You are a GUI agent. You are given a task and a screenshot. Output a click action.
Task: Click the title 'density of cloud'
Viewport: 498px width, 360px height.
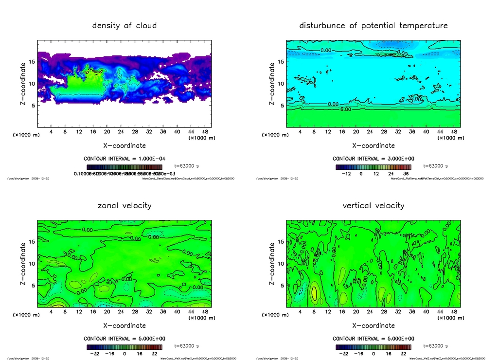(x=124, y=25)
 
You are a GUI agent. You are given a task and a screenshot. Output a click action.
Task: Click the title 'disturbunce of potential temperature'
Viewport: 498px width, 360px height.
(x=373, y=25)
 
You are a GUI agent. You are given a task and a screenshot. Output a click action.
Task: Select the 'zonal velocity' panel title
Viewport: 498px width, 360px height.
(x=124, y=205)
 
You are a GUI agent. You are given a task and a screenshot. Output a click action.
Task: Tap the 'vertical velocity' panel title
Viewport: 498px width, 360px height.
(x=373, y=205)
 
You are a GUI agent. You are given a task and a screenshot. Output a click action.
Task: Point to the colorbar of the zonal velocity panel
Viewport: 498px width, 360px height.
(x=124, y=347)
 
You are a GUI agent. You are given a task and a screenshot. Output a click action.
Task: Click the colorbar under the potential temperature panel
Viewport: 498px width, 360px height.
(x=373, y=167)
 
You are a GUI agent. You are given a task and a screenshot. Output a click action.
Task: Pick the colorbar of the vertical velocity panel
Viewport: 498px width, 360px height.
(x=373, y=347)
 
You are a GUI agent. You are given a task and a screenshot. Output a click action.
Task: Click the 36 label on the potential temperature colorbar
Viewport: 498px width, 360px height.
(x=406, y=173)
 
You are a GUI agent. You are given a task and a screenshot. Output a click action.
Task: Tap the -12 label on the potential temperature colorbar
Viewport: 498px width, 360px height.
(x=347, y=173)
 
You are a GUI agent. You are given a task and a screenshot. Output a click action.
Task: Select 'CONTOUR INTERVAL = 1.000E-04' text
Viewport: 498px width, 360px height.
(x=124, y=159)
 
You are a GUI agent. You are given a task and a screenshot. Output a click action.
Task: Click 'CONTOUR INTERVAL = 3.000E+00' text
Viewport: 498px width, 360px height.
(x=373, y=159)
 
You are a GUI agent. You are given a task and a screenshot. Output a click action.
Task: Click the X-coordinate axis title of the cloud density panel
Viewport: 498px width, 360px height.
(x=124, y=145)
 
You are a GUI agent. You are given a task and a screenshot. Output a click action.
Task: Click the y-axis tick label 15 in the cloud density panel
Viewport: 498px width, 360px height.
(x=32, y=62)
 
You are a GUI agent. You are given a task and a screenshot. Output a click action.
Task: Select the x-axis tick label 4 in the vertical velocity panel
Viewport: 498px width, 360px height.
(x=300, y=311)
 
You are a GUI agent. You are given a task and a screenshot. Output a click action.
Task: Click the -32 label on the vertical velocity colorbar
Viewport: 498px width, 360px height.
(x=343, y=353)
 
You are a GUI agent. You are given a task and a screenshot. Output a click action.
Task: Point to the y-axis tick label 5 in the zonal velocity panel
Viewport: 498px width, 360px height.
(x=33, y=286)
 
